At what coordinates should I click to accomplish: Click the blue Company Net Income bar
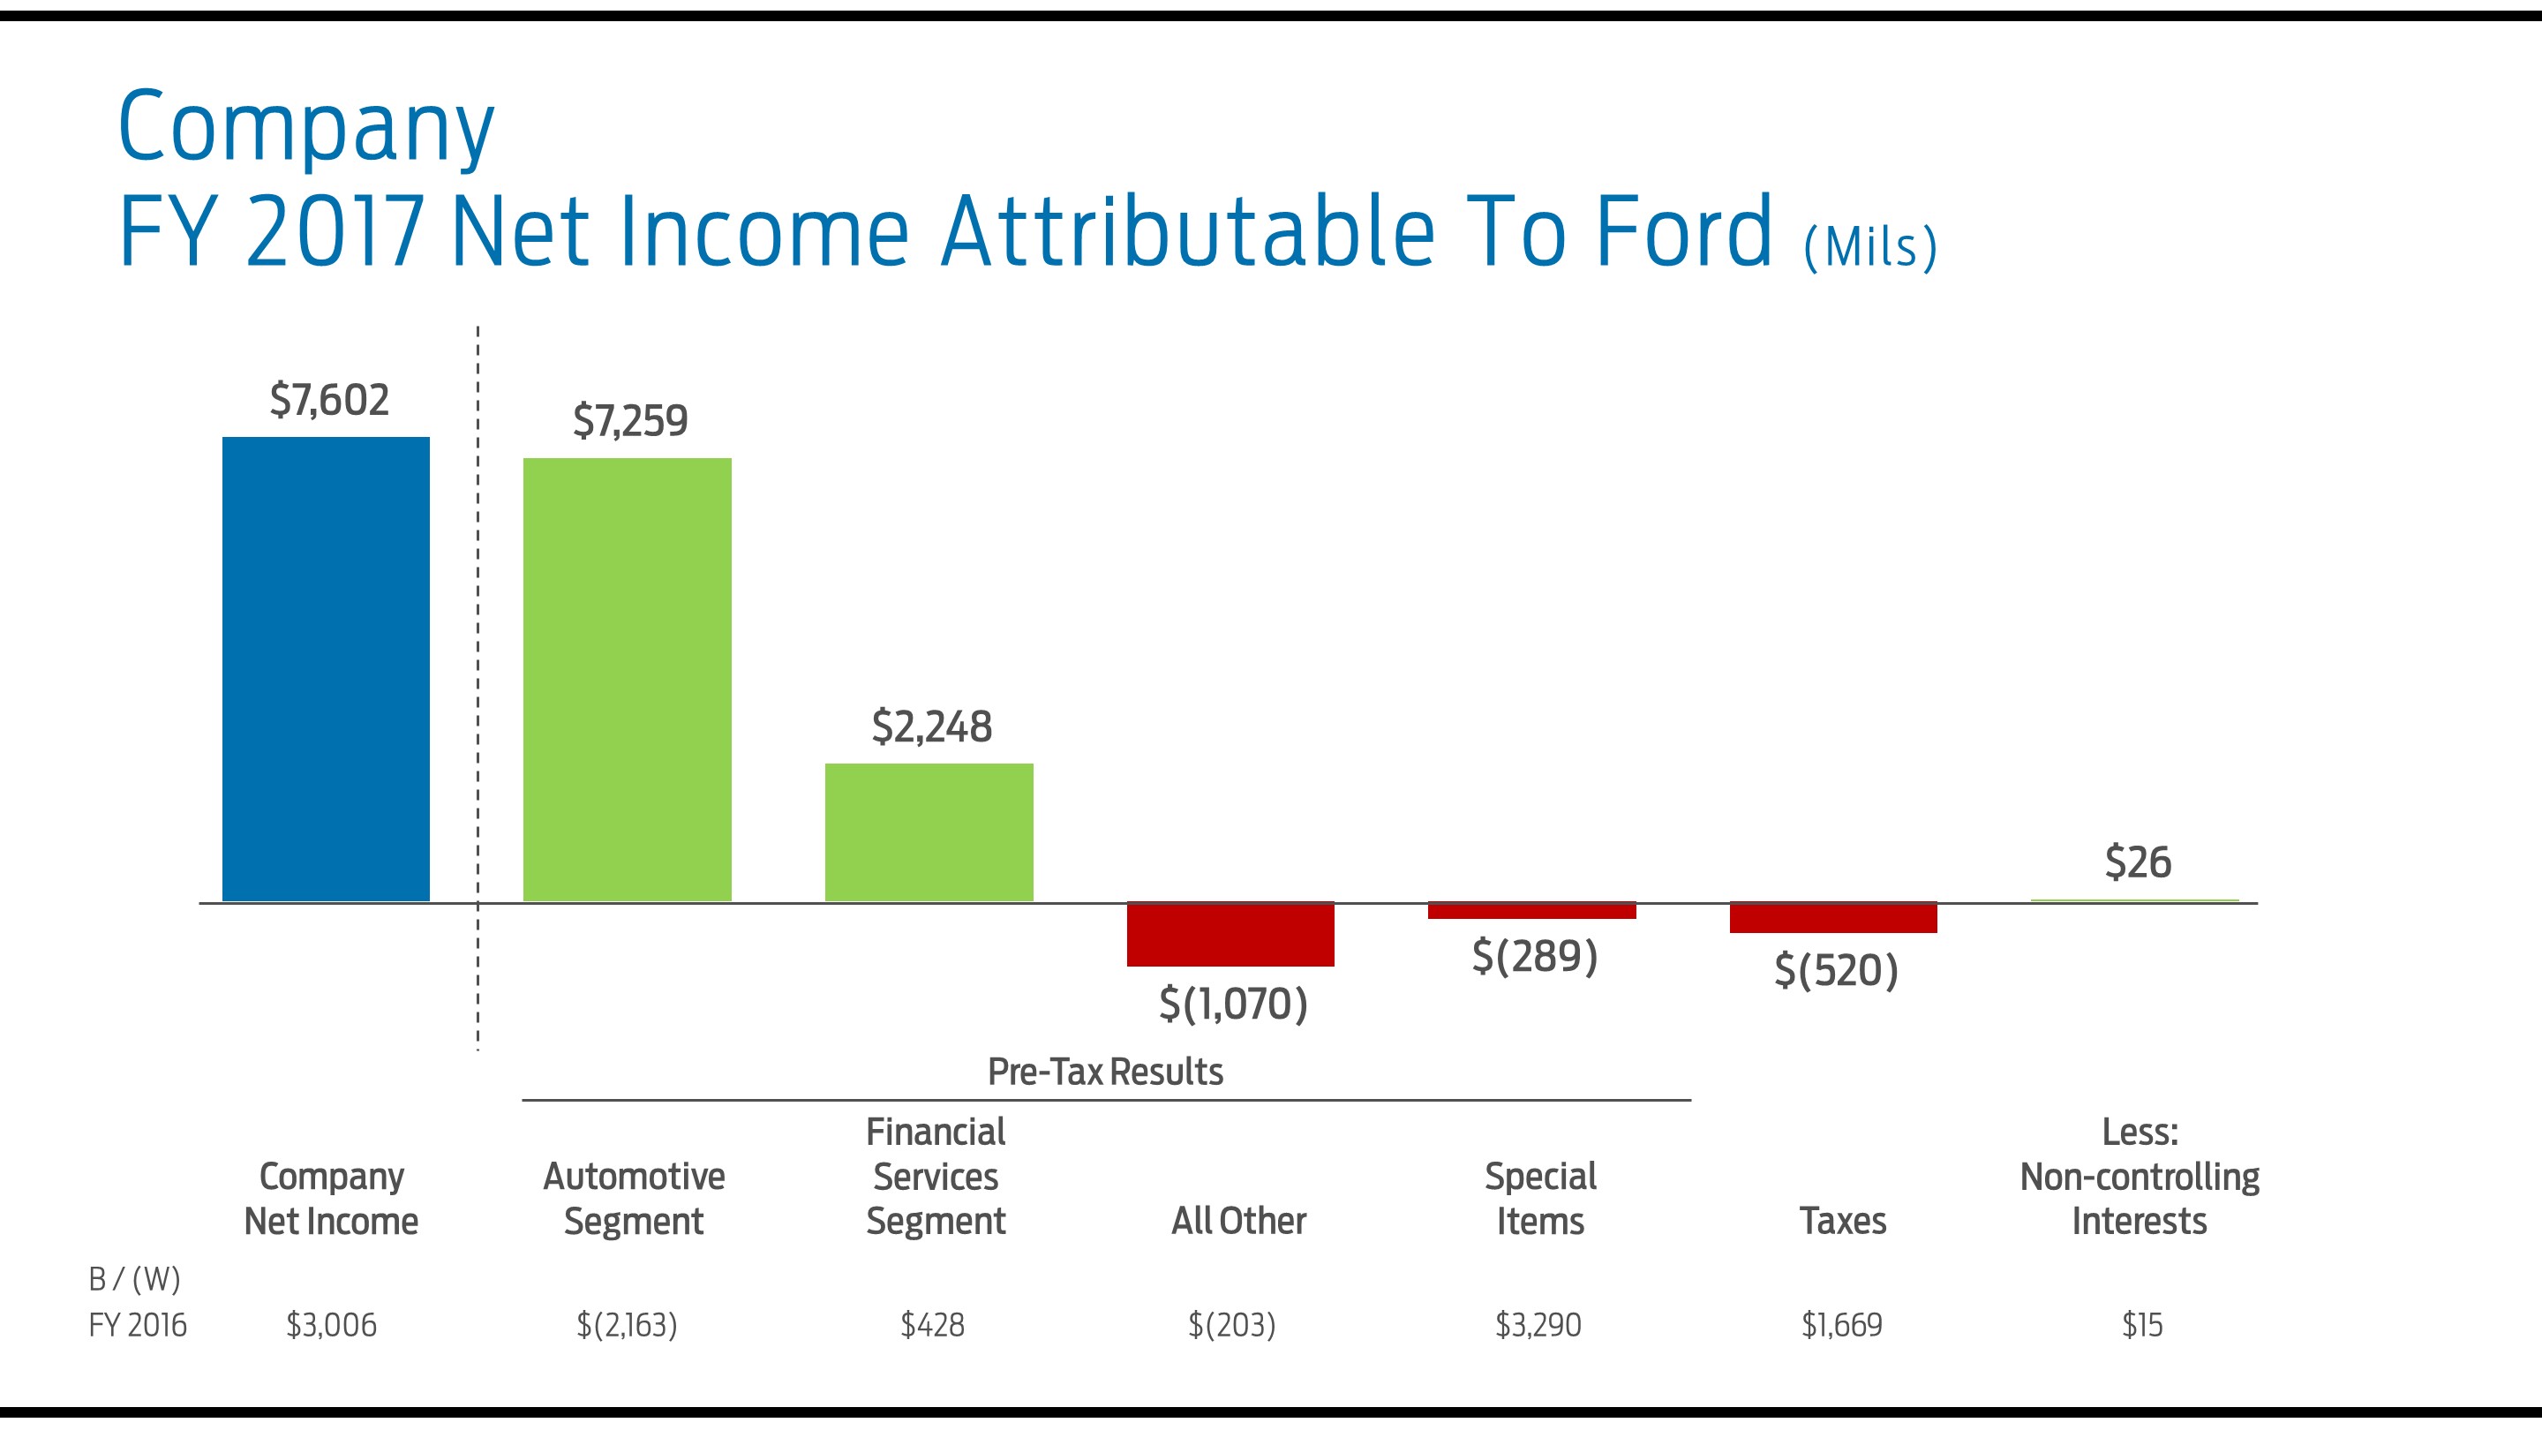(x=326, y=669)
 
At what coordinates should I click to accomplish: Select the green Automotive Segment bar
(x=627, y=679)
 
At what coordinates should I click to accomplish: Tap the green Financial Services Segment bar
(x=929, y=832)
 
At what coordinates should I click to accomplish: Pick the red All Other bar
(x=1230, y=934)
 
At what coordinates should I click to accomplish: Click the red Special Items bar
(x=1531, y=911)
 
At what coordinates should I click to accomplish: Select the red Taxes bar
(x=1832, y=918)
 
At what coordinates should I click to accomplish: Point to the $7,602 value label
(x=329, y=400)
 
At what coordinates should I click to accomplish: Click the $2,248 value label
(x=931, y=726)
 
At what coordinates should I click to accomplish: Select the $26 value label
(x=2138, y=862)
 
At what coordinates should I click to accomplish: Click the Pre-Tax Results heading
(x=1105, y=1072)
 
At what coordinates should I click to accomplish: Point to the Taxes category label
(x=1842, y=1221)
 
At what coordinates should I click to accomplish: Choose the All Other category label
(x=1238, y=1221)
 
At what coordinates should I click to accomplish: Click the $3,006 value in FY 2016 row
(x=332, y=1324)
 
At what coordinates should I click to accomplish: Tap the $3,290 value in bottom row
(x=1538, y=1324)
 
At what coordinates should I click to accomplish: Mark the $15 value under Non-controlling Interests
(x=2142, y=1324)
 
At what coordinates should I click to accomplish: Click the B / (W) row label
(x=135, y=1279)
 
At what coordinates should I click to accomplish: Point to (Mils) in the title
(x=1870, y=247)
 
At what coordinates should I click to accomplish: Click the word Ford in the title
(x=1684, y=232)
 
